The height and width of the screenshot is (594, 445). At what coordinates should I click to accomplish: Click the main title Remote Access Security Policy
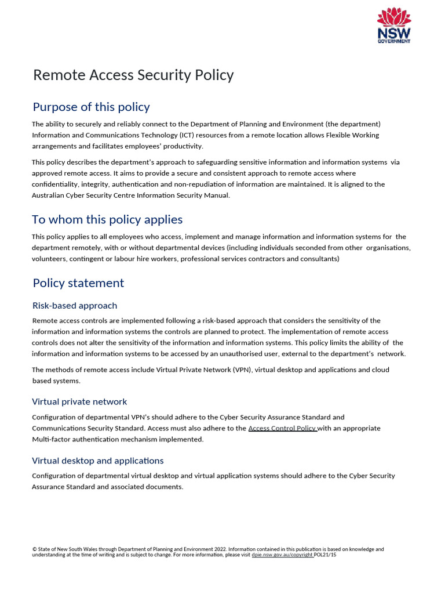133,75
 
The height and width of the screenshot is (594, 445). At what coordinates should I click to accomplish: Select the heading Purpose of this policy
91,107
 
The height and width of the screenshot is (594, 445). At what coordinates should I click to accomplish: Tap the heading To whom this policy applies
107,219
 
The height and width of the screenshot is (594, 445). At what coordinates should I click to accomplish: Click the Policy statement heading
78,283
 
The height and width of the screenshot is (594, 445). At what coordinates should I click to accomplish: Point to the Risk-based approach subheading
75,306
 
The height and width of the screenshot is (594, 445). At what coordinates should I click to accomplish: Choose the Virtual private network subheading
79,402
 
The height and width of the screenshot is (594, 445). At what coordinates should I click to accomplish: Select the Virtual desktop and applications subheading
97,461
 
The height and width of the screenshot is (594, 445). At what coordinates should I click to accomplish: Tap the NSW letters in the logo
395,32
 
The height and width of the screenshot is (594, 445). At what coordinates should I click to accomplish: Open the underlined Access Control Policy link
282,429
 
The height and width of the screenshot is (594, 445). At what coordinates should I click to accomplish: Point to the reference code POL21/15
325,555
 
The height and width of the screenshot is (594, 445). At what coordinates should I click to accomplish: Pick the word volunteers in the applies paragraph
49,259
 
